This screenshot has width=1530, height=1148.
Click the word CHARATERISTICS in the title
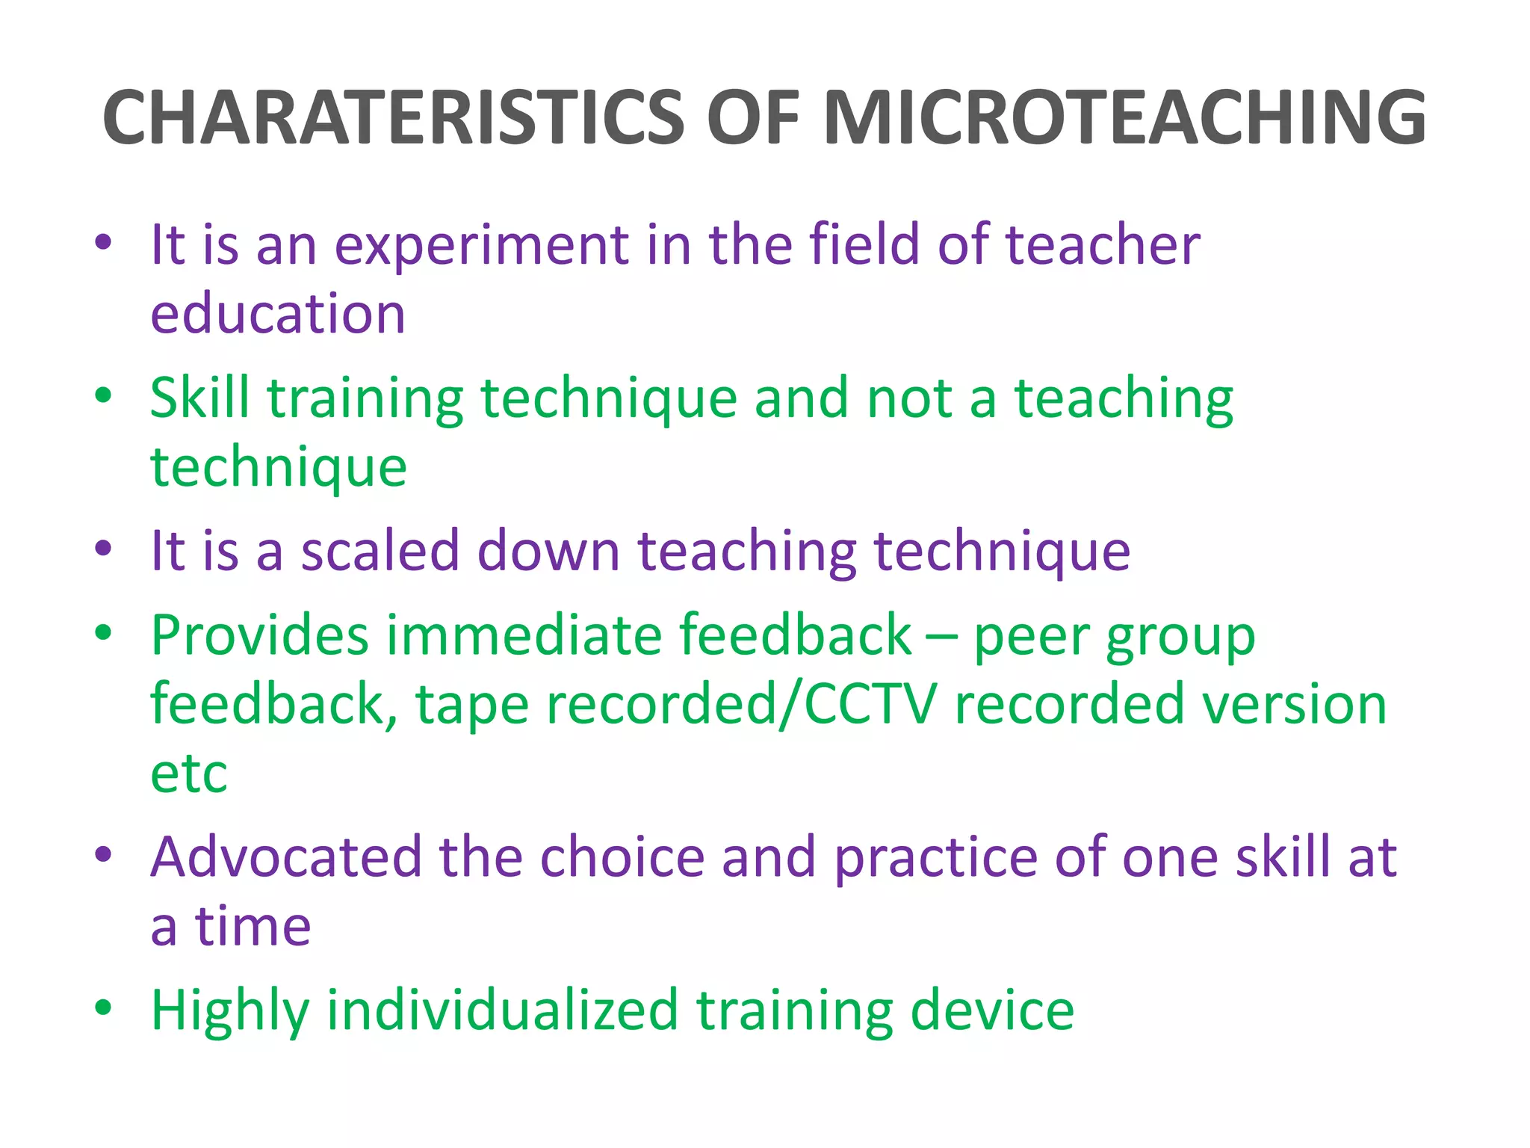[x=393, y=118]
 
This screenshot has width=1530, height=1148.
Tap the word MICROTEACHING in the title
[x=1124, y=118]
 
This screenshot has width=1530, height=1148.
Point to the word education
[x=278, y=314]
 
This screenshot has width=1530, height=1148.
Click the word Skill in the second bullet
[x=199, y=398]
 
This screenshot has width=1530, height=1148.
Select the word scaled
[x=380, y=552]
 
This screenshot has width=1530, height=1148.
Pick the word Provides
[x=259, y=635]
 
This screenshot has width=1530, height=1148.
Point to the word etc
[x=188, y=774]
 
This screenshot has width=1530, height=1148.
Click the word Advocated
[x=285, y=857]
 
